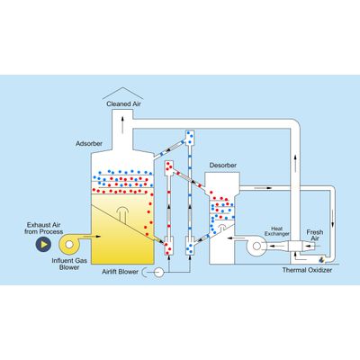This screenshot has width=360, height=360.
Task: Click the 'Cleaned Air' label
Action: tap(123, 104)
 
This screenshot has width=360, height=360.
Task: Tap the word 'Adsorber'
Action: tap(89, 144)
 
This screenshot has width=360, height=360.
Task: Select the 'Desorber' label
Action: tap(223, 166)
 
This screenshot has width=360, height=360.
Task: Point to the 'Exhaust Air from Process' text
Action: tap(44, 229)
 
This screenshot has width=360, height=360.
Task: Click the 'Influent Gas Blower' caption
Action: tap(69, 264)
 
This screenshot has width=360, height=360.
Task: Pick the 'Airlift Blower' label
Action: tap(120, 272)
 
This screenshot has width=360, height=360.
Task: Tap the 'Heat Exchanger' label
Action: tap(277, 231)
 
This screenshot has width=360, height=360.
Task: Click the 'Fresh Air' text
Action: tap(315, 235)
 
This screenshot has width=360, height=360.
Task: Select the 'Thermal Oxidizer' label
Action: tap(307, 270)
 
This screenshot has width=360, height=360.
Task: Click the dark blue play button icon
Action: tap(43, 244)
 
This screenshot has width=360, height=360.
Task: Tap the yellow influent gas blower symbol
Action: tap(70, 245)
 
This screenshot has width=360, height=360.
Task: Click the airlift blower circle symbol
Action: tap(158, 273)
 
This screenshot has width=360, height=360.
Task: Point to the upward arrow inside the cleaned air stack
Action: tap(122, 124)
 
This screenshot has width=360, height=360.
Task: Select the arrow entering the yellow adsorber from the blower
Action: tap(92, 237)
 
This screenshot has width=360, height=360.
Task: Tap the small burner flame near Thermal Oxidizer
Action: tap(321, 259)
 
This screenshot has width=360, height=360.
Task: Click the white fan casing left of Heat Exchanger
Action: tap(256, 246)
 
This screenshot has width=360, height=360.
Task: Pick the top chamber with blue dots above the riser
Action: tap(190, 138)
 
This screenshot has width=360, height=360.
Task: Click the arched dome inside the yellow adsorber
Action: tap(122, 214)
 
